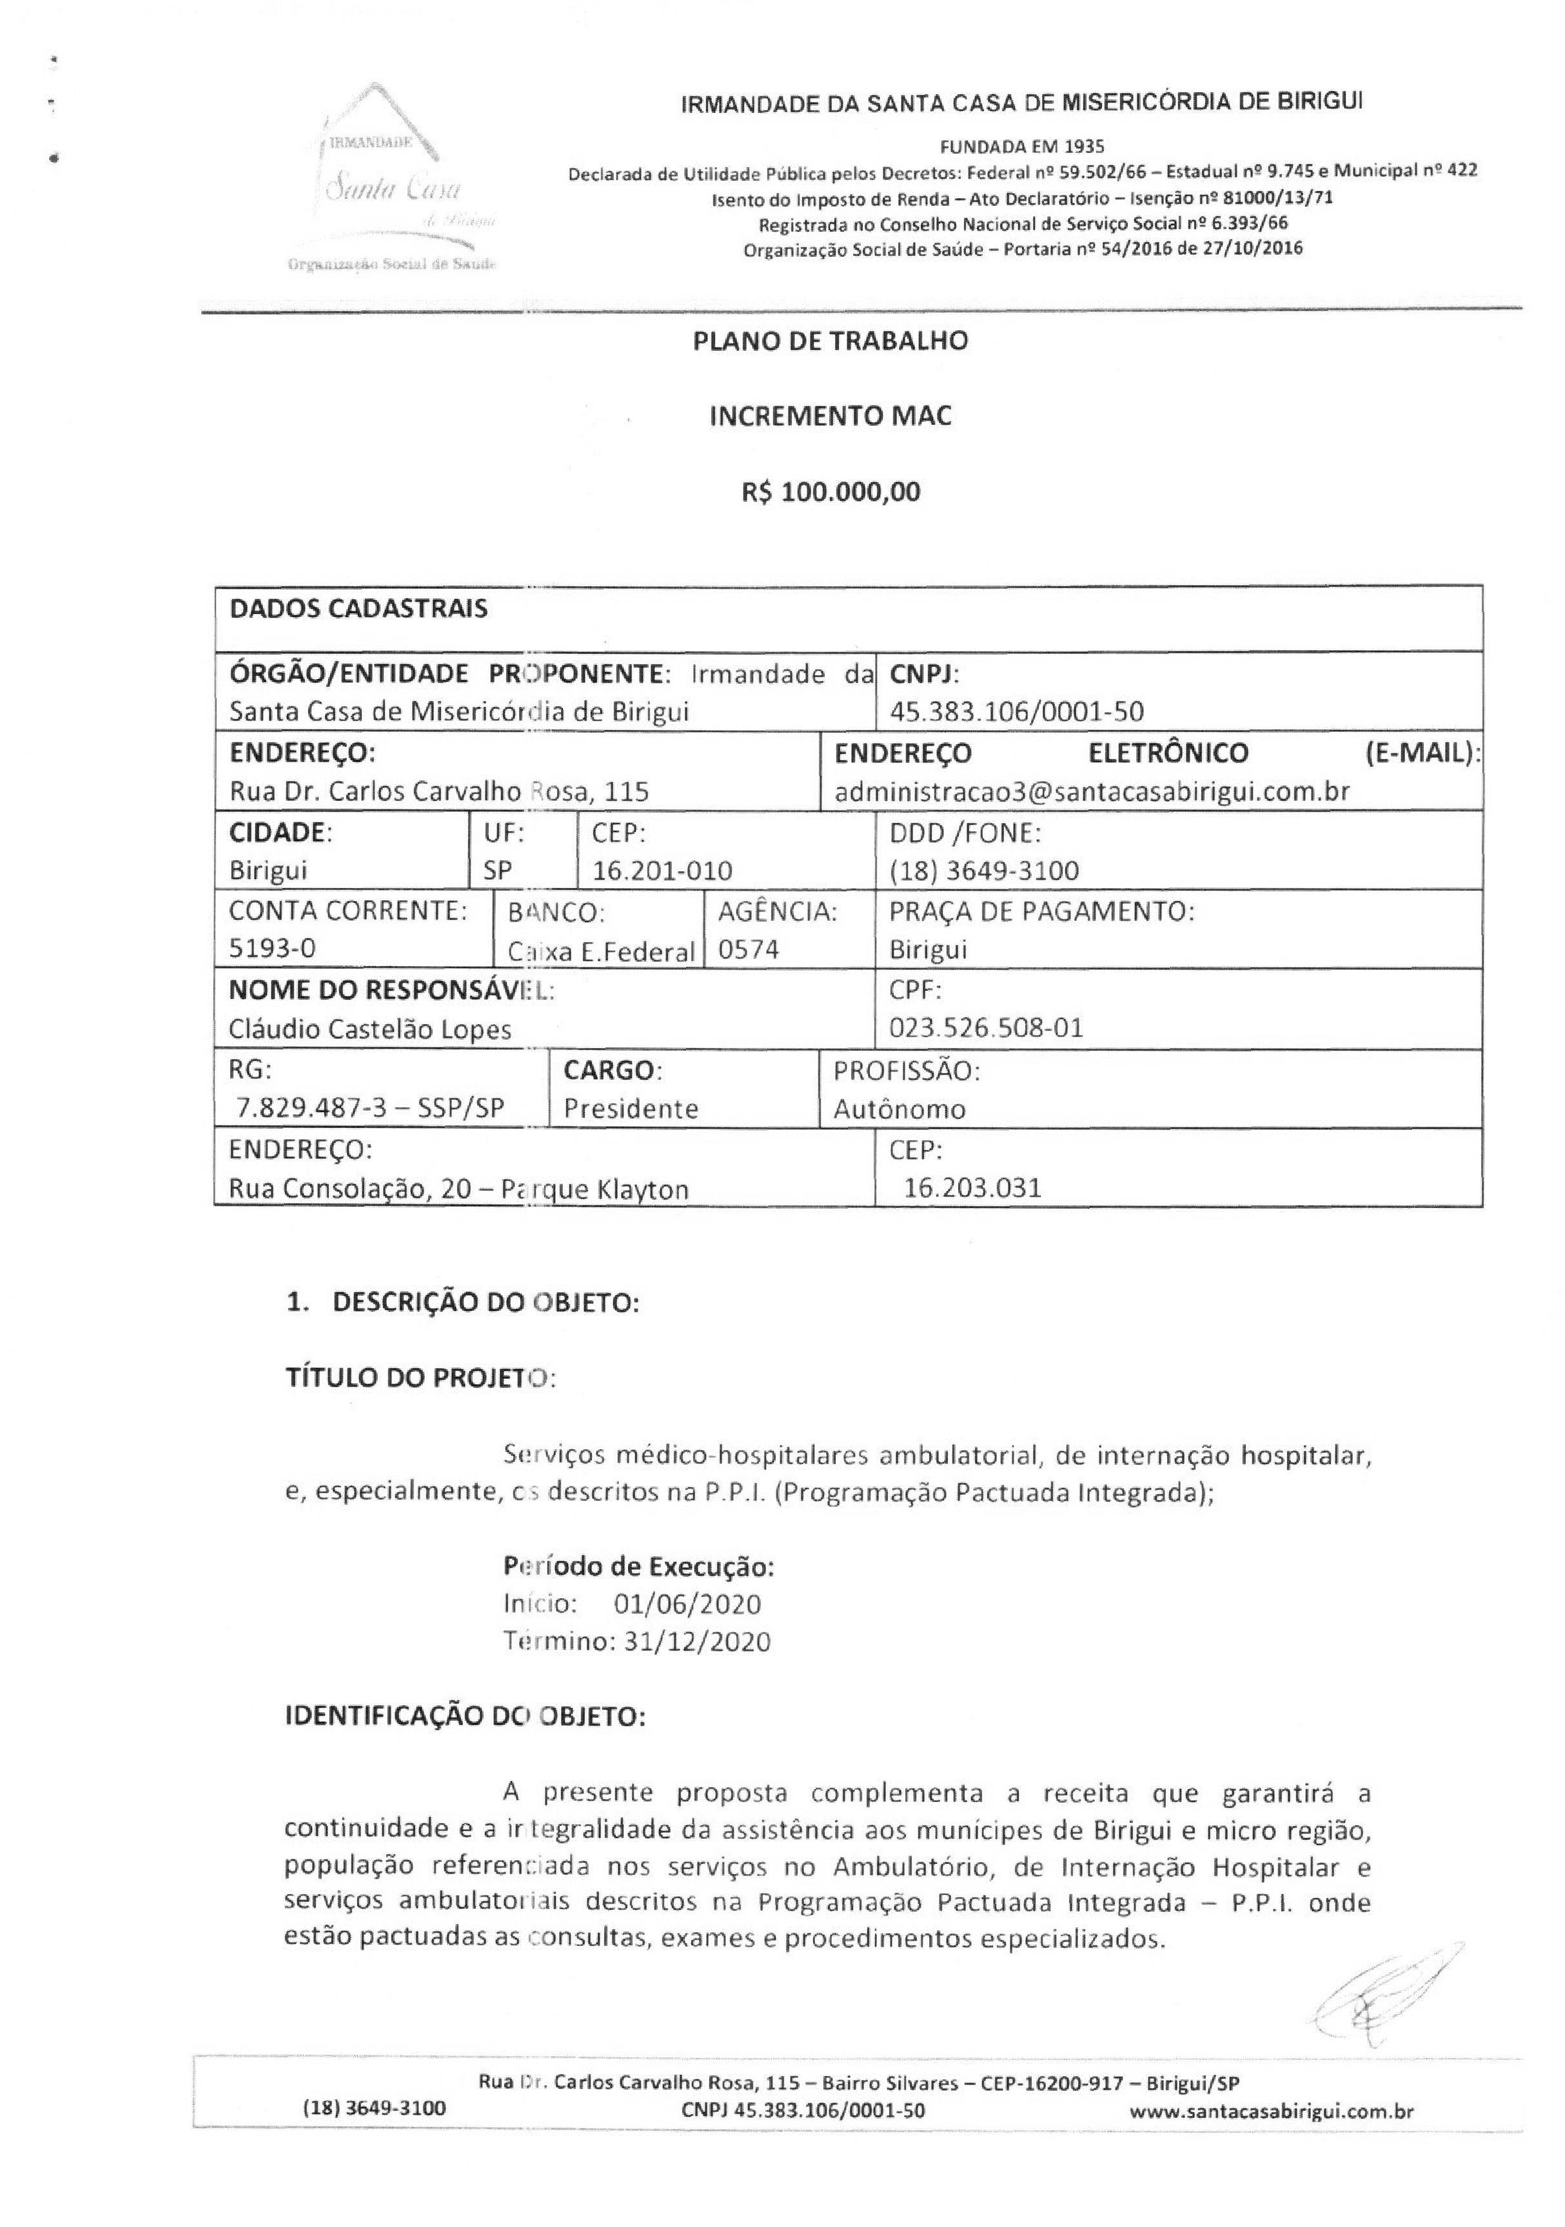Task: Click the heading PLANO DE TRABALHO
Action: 830,341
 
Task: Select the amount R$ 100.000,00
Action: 831,491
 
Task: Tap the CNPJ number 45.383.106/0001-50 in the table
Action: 1016,712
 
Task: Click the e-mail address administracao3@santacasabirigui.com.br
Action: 1092,791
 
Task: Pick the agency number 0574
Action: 749,949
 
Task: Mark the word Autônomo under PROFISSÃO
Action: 899,1109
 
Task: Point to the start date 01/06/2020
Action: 687,1603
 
